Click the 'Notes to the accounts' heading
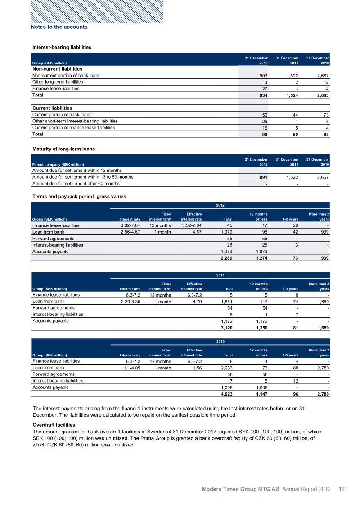(x=59, y=27)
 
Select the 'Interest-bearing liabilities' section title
(x=62, y=47)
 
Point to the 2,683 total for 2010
(x=321, y=96)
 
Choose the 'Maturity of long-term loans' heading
(x=63, y=149)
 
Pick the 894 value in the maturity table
(x=262, y=177)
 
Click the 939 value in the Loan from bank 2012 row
(x=324, y=232)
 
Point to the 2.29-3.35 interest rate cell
(x=131, y=302)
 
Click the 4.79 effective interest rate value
(x=196, y=302)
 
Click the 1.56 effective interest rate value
(x=196, y=368)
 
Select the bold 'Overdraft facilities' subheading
(x=54, y=425)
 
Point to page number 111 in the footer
(x=343, y=489)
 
